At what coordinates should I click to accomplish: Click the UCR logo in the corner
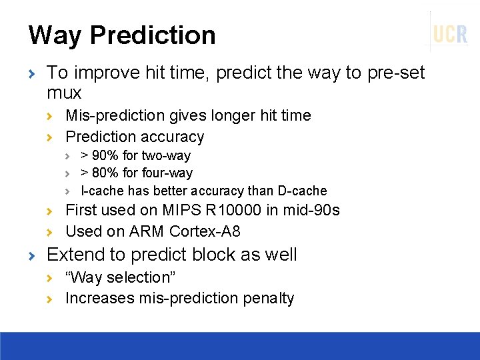point(451,33)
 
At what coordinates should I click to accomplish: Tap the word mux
point(64,93)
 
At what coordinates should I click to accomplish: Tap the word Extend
point(72,255)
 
